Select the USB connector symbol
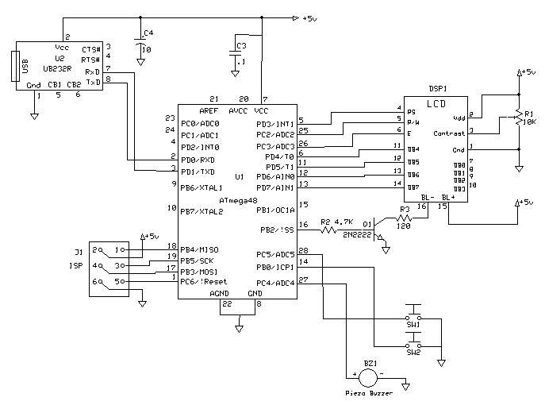pyautogui.click(x=13, y=66)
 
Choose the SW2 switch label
pyautogui.click(x=413, y=353)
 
